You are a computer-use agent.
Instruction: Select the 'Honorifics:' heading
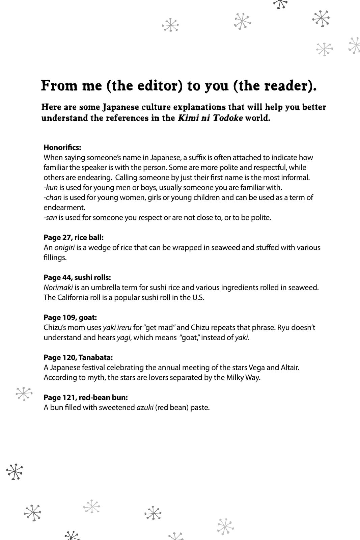(62, 147)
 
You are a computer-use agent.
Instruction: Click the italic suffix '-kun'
(51, 187)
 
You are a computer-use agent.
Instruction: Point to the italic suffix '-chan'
(52, 197)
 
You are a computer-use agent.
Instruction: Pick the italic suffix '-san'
(50, 217)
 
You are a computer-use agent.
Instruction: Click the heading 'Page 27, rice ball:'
(74, 237)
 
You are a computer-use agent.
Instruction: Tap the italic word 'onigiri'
(64, 247)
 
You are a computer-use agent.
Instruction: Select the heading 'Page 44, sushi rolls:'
(77, 277)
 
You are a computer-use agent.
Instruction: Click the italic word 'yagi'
(123, 337)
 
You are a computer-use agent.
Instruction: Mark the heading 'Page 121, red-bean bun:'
(86, 397)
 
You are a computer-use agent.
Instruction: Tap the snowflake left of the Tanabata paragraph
(24, 394)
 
